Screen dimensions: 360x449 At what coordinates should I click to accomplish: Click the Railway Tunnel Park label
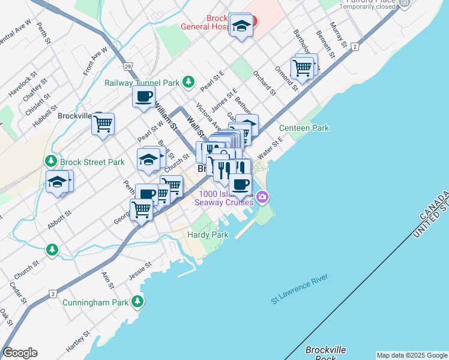(x=142, y=82)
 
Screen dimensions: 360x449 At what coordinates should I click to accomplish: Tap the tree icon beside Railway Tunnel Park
(x=189, y=82)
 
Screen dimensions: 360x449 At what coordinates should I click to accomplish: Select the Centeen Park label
(x=304, y=128)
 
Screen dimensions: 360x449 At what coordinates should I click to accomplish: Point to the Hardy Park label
(x=208, y=235)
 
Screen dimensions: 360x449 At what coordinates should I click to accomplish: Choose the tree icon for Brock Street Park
(x=51, y=161)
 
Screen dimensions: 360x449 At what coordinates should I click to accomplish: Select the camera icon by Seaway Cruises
(x=262, y=196)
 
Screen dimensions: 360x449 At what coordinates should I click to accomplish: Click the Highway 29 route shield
(x=128, y=65)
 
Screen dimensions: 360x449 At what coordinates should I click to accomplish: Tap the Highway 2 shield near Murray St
(x=355, y=46)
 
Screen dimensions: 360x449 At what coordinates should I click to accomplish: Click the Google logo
(x=20, y=353)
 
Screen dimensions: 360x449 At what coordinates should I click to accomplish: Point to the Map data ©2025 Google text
(x=411, y=355)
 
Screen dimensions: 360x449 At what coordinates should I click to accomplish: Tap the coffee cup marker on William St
(x=143, y=97)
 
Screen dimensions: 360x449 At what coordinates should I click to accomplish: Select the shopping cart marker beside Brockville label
(x=103, y=124)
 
